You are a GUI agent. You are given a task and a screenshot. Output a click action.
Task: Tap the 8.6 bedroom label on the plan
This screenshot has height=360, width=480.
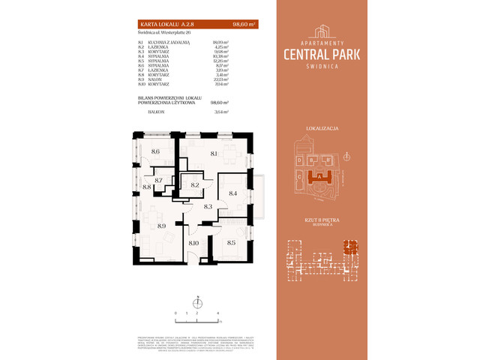tap(155, 151)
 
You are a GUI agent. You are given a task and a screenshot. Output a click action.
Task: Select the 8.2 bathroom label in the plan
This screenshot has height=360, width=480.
tap(195, 185)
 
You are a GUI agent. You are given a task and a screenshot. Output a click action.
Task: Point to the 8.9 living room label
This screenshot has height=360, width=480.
tap(161, 225)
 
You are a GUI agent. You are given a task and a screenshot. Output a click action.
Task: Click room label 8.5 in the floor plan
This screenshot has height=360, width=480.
tap(231, 242)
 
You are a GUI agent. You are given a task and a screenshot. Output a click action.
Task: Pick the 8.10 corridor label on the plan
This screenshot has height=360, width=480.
tap(193, 242)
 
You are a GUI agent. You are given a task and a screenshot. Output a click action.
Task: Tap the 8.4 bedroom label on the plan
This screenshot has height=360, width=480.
tap(232, 193)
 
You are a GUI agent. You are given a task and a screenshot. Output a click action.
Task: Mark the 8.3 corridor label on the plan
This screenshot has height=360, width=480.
tap(208, 206)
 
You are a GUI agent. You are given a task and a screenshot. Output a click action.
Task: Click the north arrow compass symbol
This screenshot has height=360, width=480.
tap(197, 302)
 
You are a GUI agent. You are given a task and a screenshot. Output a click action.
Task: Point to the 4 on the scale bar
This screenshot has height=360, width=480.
tap(218, 312)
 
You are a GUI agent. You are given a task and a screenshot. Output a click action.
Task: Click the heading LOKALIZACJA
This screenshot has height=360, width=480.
tap(325, 129)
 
